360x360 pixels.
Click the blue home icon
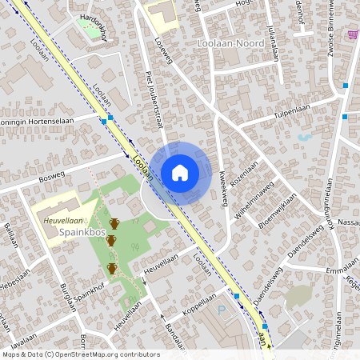tap(180, 172)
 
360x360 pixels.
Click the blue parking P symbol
tap(222, 310)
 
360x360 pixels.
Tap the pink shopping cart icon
tap(353, 34)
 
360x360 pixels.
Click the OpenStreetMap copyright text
tap(80, 354)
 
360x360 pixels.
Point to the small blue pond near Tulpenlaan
tap(304, 137)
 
